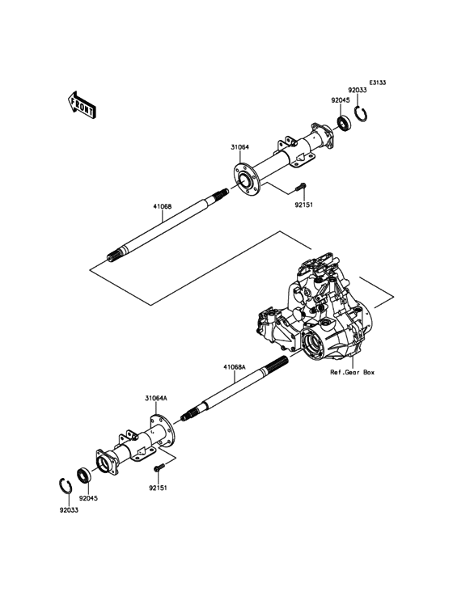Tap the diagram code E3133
[379, 82]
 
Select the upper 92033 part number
[358, 91]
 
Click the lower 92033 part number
[69, 510]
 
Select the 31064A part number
[155, 398]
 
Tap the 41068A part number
[235, 366]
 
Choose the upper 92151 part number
[303, 205]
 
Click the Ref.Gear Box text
[352, 373]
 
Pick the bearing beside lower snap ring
[84, 475]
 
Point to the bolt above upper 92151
[300, 188]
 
